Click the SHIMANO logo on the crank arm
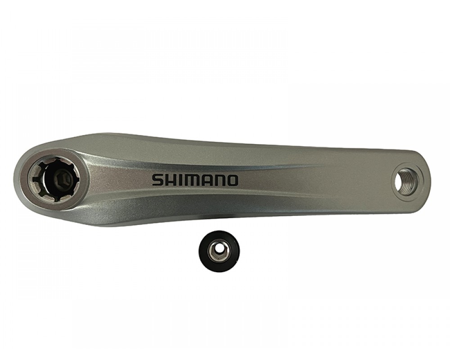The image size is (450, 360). (195, 180)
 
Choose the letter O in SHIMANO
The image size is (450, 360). (232, 180)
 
